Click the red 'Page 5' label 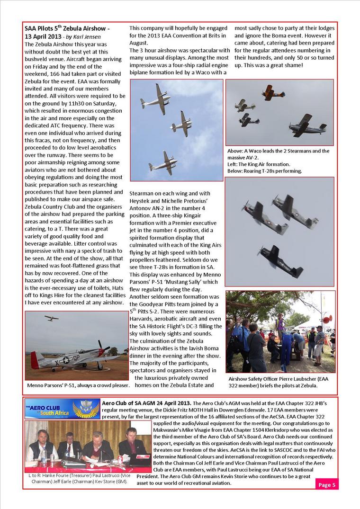(x=327, y=484)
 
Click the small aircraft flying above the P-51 (x=51, y=318)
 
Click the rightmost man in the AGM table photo (x=129, y=443)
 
